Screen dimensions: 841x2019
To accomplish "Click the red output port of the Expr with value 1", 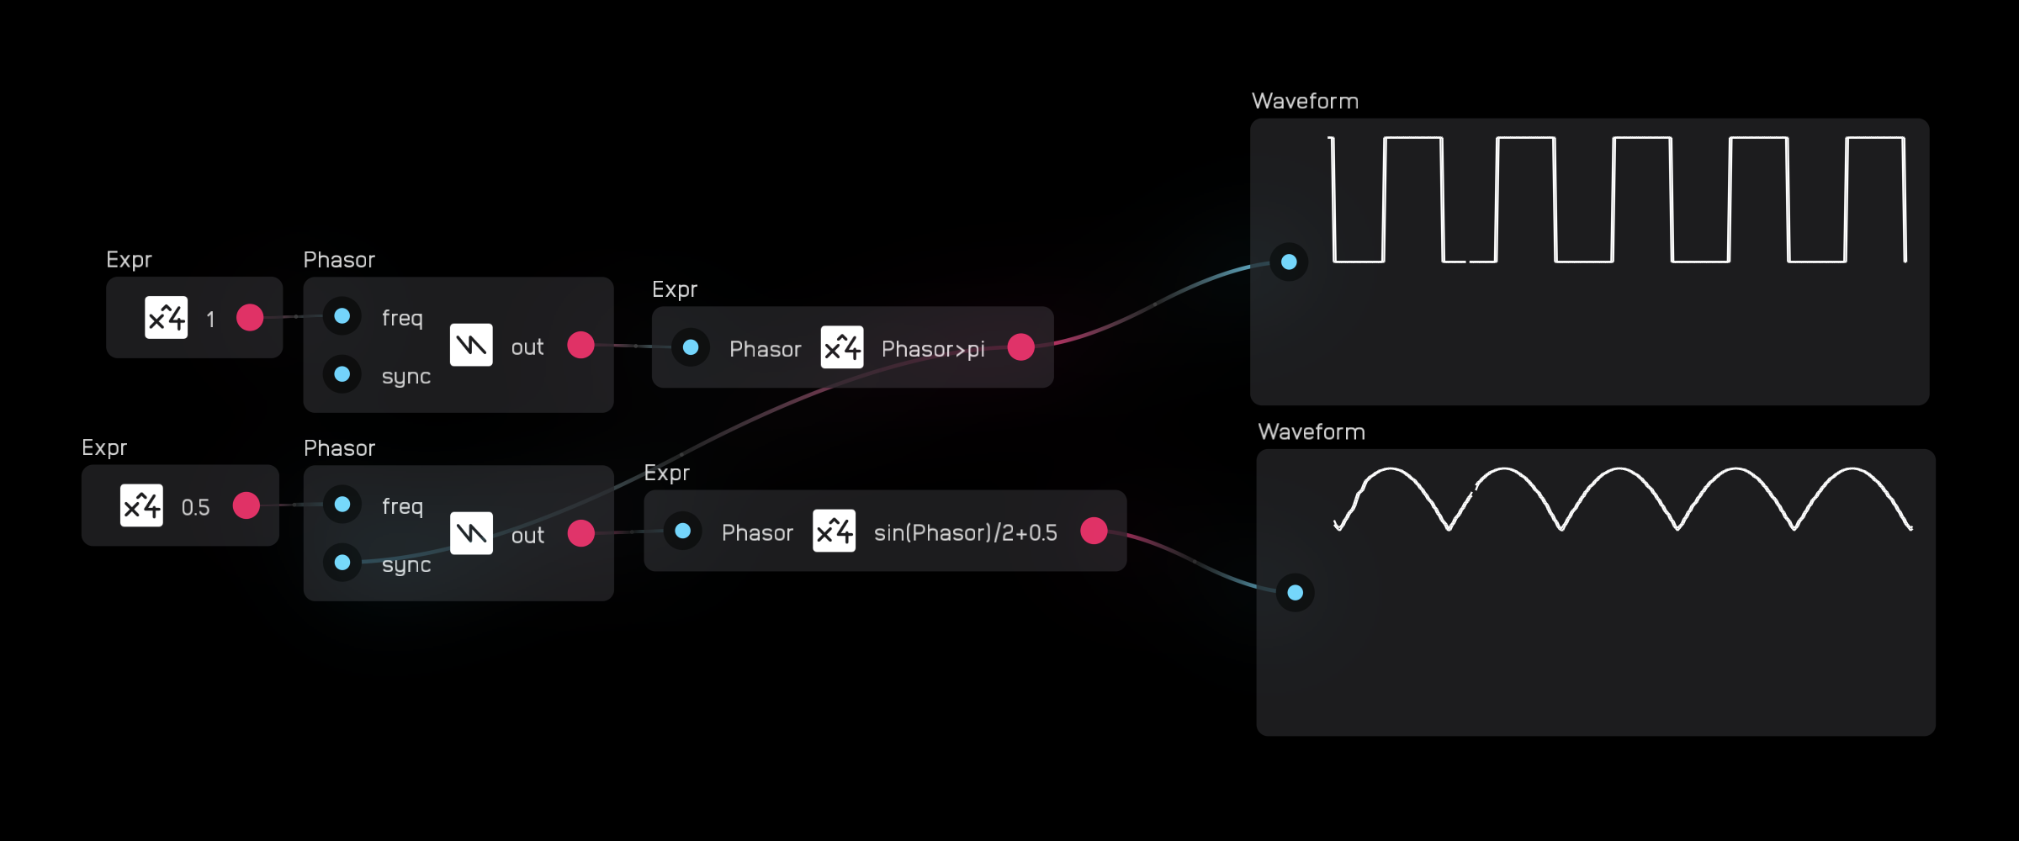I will tap(250, 318).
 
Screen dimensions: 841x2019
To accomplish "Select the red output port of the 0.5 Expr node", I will tap(246, 505).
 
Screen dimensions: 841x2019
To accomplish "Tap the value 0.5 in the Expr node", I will tap(195, 507).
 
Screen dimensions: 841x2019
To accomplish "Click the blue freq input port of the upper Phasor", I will tap(342, 316).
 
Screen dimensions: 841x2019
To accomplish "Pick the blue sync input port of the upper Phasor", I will tap(342, 374).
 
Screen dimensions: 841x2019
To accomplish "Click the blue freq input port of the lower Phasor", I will tap(342, 505).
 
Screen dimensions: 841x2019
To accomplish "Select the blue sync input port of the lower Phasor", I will tap(342, 563).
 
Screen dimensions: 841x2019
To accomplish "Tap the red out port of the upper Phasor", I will tap(580, 345).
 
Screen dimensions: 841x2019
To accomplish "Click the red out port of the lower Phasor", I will tap(580, 533).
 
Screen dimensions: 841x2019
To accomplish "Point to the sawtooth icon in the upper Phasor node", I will tap(471, 345).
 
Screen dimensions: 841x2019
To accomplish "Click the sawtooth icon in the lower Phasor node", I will tap(471, 533).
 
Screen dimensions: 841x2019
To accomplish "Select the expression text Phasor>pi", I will tap(933, 349).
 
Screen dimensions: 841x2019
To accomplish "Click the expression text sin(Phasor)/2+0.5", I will tap(965, 533).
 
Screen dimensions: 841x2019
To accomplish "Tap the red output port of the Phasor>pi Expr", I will tap(1020, 346).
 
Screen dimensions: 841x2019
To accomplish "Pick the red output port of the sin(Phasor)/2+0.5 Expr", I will tap(1094, 531).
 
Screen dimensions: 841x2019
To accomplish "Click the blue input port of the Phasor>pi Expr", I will tap(691, 347).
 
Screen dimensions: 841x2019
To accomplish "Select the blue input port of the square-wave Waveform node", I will tap(1289, 262).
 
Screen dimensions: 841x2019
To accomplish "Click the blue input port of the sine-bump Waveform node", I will tap(1296, 593).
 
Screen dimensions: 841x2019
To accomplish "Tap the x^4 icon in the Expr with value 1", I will tap(167, 318).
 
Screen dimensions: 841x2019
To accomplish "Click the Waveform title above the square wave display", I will tap(1305, 102).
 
